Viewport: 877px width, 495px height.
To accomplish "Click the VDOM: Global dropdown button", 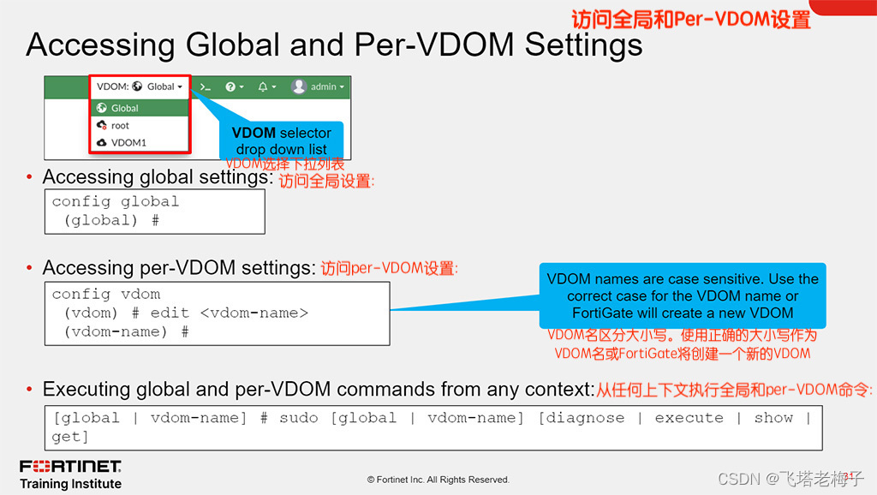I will tap(140, 86).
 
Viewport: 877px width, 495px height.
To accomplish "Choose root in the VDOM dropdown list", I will tap(120, 125).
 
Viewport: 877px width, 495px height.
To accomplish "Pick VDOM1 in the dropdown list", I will tap(128, 142).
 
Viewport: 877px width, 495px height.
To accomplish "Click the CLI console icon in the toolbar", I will tap(205, 86).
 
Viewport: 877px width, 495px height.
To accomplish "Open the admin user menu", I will tap(318, 86).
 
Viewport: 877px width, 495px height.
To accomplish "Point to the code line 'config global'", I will tap(115, 202).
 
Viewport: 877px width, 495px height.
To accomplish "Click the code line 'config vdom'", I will tap(105, 294).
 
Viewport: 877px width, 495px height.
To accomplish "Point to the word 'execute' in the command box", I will tap(689, 418).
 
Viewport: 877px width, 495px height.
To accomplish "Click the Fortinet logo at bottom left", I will tap(70, 467).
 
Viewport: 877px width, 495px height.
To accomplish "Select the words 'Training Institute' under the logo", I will tap(70, 484).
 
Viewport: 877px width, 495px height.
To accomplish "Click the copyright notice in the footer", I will tap(438, 480).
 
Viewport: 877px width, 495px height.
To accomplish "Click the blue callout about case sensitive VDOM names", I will tap(682, 295).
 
